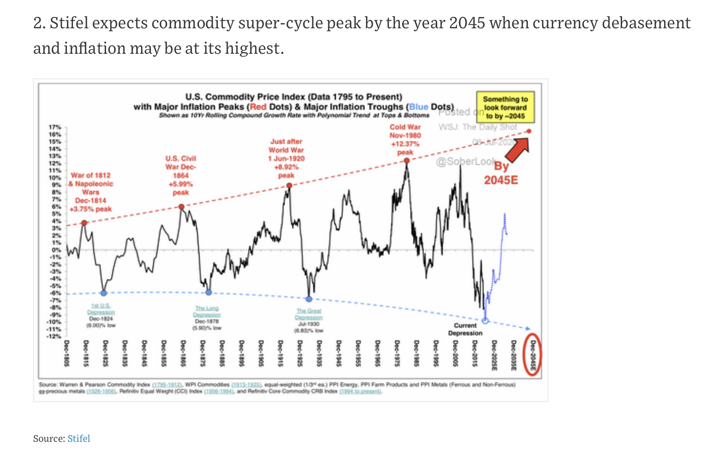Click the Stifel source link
[78, 438]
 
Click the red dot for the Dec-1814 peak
[84, 223]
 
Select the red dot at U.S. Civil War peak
[182, 207]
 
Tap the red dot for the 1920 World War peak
[289, 185]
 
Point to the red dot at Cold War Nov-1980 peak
[407, 160]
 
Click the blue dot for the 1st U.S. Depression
[104, 293]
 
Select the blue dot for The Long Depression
[208, 292]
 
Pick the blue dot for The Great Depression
[309, 299]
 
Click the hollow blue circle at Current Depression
[485, 321]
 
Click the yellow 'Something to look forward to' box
[505, 107]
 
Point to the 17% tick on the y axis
[55, 127]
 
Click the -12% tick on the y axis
[54, 336]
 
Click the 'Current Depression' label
[465, 329]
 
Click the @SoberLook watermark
[465, 162]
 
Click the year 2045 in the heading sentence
[467, 23]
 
